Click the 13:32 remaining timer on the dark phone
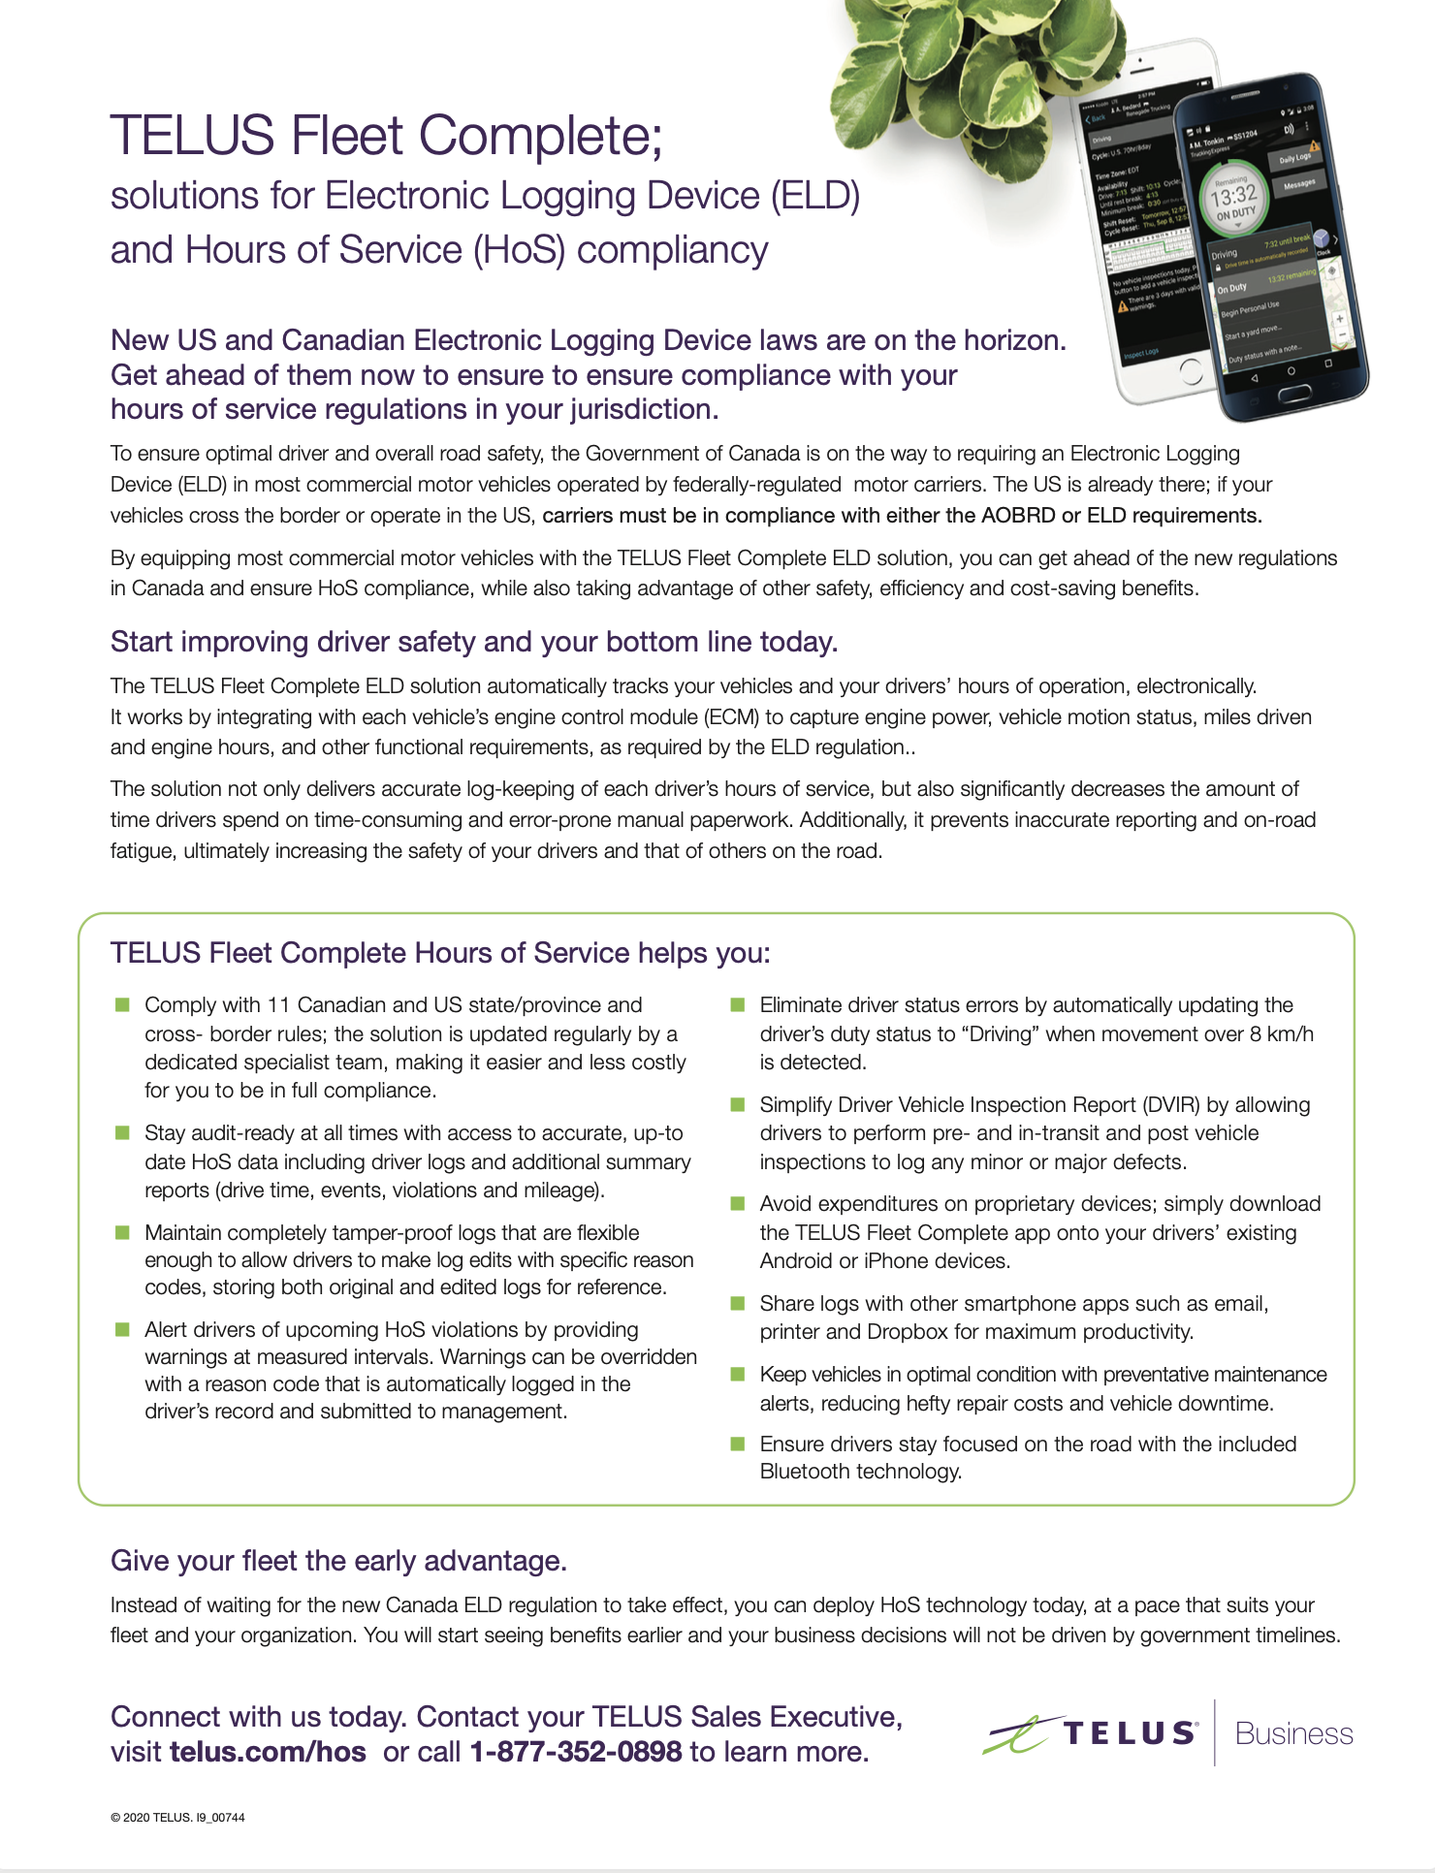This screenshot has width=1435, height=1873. coord(1233,198)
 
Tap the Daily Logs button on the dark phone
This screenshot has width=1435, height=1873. coord(1294,158)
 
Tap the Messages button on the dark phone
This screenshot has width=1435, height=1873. coord(1299,183)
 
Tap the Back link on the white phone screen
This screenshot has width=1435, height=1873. coord(1098,118)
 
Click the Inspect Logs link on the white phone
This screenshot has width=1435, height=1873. coord(1140,353)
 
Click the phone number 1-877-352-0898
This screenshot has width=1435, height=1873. coord(576,1752)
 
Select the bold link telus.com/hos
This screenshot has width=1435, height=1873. coord(268,1752)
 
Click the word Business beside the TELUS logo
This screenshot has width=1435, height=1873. coord(1293,1733)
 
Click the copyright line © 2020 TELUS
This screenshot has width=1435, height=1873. coord(177,1818)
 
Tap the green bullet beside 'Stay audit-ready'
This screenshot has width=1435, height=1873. coord(123,1132)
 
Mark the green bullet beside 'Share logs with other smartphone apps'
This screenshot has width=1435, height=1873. coord(738,1303)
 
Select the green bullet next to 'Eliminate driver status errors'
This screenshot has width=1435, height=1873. coord(738,1004)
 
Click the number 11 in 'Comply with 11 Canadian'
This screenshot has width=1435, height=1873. coord(278,1005)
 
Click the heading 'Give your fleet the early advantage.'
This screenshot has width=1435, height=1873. coord(338,1561)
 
